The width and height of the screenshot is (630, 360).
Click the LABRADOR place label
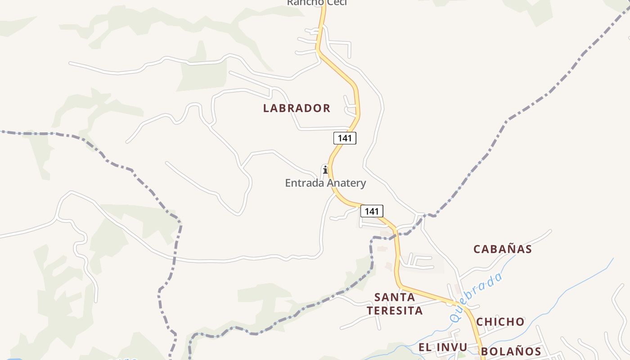[297, 108]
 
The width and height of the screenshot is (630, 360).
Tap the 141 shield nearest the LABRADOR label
[345, 138]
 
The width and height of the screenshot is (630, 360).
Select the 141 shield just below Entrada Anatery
[372, 211]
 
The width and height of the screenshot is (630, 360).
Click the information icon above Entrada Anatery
[325, 170]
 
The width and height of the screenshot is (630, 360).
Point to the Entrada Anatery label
[325, 183]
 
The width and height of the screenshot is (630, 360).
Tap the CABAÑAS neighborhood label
[503, 249]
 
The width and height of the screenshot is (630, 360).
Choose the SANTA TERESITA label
[395, 304]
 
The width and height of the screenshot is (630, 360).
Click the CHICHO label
[500, 322]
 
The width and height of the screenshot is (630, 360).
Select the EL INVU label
[443, 347]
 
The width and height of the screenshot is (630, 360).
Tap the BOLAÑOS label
[511, 351]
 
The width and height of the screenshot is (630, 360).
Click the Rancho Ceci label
[317, 2]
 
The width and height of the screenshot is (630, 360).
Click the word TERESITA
[395, 310]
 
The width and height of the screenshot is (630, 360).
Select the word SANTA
[395, 297]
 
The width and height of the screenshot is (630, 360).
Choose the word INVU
[451, 347]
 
